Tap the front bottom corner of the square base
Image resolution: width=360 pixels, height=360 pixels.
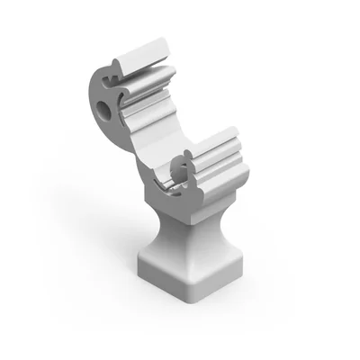pos(190,300)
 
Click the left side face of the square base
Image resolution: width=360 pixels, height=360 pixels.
pos(162,274)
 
